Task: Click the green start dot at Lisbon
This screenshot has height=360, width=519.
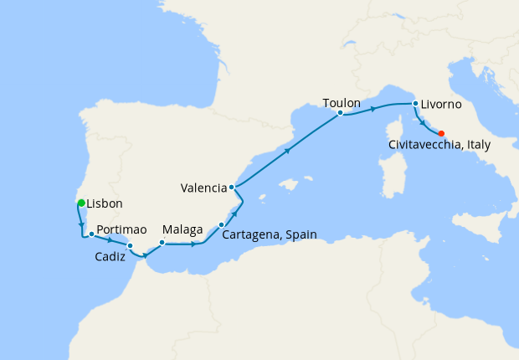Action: pyautogui.click(x=81, y=203)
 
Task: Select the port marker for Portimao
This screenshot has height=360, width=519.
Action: pyautogui.click(x=91, y=234)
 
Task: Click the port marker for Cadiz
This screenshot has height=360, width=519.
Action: pyautogui.click(x=130, y=245)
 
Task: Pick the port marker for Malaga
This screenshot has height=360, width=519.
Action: pyautogui.click(x=162, y=243)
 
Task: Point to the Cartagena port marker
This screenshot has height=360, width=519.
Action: pyautogui.click(x=221, y=224)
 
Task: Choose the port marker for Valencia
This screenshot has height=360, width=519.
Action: pyautogui.click(x=232, y=188)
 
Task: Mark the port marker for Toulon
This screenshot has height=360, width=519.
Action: pyautogui.click(x=340, y=112)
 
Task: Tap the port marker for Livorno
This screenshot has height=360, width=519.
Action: pyautogui.click(x=414, y=104)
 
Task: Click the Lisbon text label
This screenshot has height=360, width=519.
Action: pyautogui.click(x=105, y=203)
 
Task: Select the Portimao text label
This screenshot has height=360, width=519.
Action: pyautogui.click(x=121, y=229)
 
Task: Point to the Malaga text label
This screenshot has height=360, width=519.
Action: pyautogui.click(x=183, y=229)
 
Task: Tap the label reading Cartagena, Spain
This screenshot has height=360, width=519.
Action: pyautogui.click(x=270, y=235)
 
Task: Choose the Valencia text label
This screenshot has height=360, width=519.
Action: pyautogui.click(x=203, y=188)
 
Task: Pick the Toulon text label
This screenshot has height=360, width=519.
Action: pyautogui.click(x=342, y=102)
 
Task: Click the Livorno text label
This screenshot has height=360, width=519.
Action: pyautogui.click(x=444, y=105)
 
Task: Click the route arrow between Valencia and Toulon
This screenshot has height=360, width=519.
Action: pyautogui.click(x=287, y=151)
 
